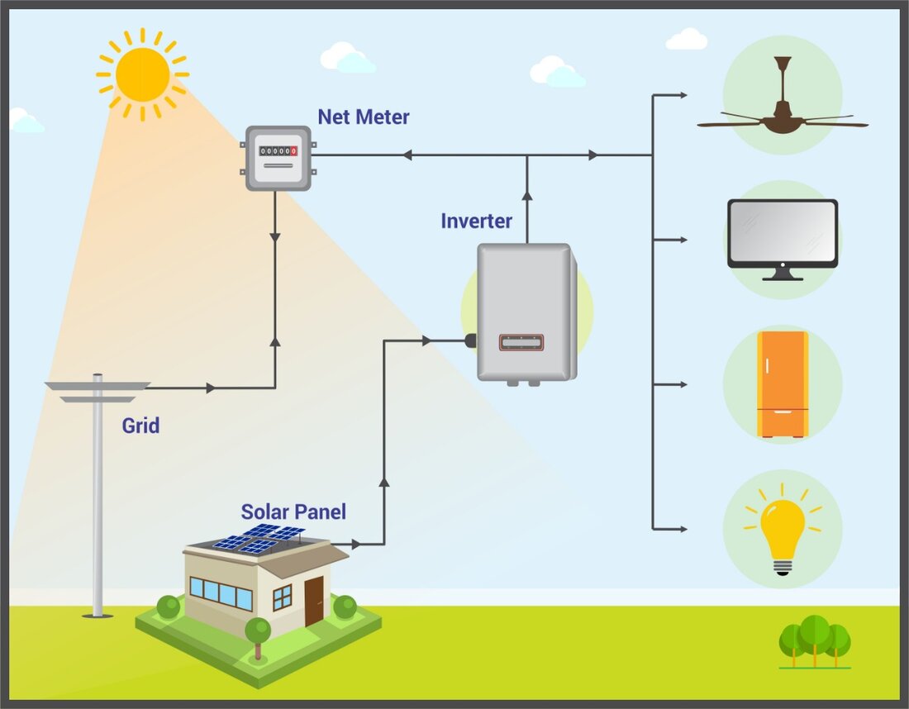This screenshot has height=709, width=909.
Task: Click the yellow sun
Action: [x=142, y=74]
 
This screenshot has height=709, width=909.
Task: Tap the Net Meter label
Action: [x=364, y=117]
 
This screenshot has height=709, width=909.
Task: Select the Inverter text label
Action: [x=476, y=221]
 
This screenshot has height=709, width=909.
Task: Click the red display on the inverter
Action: [x=521, y=342]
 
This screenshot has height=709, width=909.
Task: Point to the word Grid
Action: [x=140, y=426]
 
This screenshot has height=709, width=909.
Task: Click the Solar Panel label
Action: [x=293, y=512]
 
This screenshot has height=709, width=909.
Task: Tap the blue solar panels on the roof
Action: [x=259, y=538]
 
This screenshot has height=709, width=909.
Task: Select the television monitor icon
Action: [x=782, y=236]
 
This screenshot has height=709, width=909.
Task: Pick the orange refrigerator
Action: [x=782, y=384]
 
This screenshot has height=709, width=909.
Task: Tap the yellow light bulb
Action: [x=782, y=529]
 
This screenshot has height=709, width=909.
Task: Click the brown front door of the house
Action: [x=314, y=601]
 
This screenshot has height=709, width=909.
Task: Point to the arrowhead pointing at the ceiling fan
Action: [x=682, y=95]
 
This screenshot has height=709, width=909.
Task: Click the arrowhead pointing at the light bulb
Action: [x=682, y=529]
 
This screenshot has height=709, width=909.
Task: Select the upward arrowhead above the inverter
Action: [x=527, y=196]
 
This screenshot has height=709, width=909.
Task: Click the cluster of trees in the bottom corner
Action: [x=815, y=641]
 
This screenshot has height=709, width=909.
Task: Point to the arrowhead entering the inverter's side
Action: [x=426, y=340]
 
